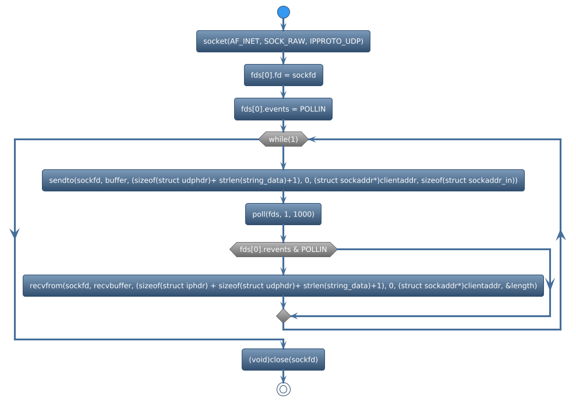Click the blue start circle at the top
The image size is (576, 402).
pyautogui.click(x=283, y=12)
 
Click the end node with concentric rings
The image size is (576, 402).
pyautogui.click(x=283, y=389)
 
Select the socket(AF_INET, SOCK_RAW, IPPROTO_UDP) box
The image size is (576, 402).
pyautogui.click(x=283, y=41)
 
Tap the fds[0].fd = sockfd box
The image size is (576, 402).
pyautogui.click(x=283, y=75)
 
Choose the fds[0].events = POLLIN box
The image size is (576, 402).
pyautogui.click(x=283, y=109)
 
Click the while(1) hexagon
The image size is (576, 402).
pyautogui.click(x=283, y=139)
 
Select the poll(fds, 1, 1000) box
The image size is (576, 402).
pyautogui.click(x=283, y=215)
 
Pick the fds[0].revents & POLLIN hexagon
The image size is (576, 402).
pyautogui.click(x=283, y=250)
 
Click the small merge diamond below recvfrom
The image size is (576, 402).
pyautogui.click(x=283, y=316)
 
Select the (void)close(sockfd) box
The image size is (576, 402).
pyautogui.click(x=283, y=360)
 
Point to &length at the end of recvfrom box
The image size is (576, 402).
pyautogui.click(x=521, y=286)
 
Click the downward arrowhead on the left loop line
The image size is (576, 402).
pyautogui.click(x=15, y=232)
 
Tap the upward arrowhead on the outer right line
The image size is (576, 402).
pyautogui.click(x=561, y=235)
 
